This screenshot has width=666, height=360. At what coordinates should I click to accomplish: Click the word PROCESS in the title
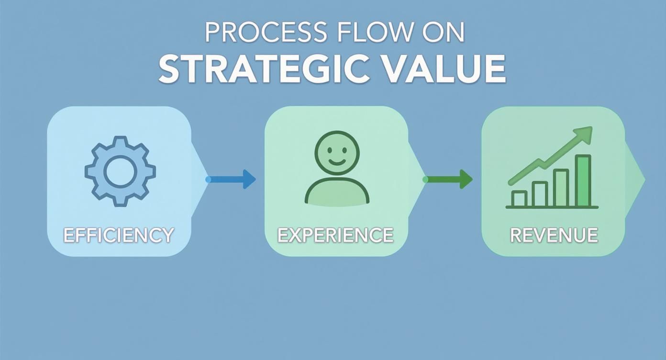(x=266, y=32)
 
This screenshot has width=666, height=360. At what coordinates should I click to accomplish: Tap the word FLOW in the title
(x=372, y=32)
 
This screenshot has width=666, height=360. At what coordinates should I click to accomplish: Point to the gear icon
(x=120, y=171)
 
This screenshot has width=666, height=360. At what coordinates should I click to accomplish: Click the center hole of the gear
(x=120, y=171)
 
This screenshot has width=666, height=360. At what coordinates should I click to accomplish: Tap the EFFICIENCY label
(x=118, y=235)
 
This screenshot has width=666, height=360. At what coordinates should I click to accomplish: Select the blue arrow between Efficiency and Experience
(x=231, y=179)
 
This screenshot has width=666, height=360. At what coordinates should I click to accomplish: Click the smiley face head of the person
(x=337, y=153)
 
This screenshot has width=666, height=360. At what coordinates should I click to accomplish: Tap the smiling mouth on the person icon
(x=337, y=162)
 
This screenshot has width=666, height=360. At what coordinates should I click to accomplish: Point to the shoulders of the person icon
(x=337, y=191)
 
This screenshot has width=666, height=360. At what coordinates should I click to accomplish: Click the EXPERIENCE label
(x=335, y=235)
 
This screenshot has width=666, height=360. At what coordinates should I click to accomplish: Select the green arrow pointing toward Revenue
(x=448, y=179)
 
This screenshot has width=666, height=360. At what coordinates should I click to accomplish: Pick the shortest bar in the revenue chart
(x=519, y=199)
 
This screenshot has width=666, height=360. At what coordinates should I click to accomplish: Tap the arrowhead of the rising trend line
(x=582, y=135)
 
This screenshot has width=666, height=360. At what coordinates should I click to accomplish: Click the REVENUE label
(x=554, y=235)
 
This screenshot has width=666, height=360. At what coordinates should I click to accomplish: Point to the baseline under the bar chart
(x=552, y=207)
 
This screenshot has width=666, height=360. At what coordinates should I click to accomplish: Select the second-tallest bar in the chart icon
(x=561, y=188)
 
